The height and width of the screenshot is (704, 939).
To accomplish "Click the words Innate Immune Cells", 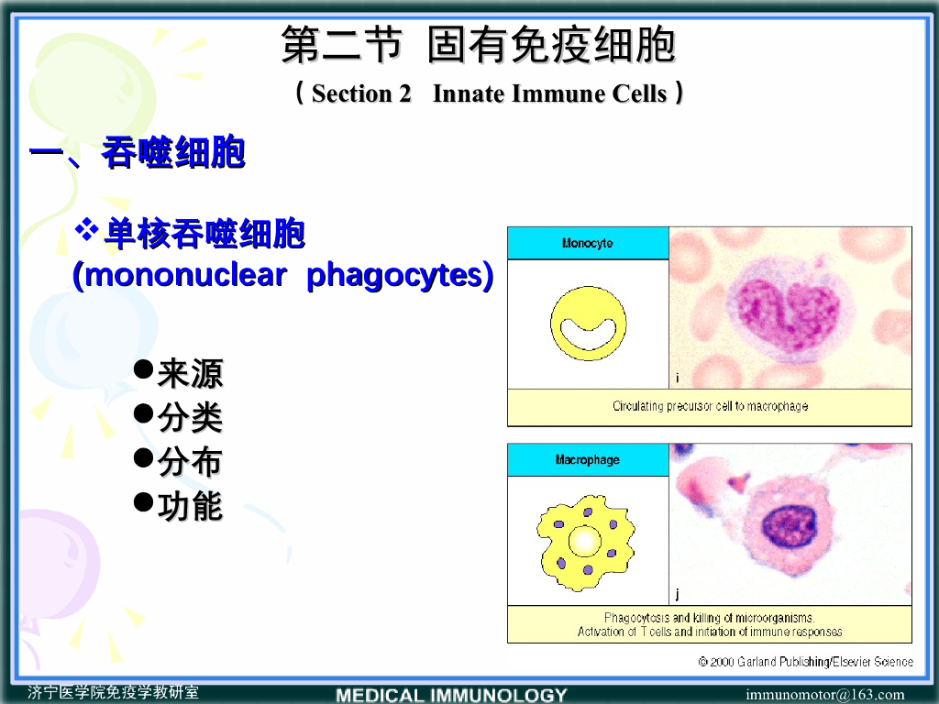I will pos(549,93).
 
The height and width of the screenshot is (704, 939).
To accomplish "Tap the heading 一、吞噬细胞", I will pos(138,153).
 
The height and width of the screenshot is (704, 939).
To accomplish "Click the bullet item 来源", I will pos(190,373).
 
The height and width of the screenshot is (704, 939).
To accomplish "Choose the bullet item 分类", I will pos(190,418).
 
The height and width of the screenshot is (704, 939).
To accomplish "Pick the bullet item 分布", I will pos(190,462).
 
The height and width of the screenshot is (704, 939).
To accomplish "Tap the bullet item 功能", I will pos(190,506).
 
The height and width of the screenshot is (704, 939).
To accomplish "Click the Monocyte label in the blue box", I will pos(587,244).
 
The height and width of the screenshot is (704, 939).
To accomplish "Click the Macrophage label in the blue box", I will pos(587,460).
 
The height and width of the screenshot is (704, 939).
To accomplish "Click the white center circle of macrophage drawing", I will pos(584,541).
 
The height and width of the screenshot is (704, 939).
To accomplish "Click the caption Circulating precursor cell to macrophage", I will pos(710,406).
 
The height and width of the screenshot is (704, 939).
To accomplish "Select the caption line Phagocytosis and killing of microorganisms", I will pos(709,618).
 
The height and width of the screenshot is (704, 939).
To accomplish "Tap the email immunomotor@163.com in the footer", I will pos(824,695).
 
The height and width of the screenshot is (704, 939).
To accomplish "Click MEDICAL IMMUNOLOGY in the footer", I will pos(451,695).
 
